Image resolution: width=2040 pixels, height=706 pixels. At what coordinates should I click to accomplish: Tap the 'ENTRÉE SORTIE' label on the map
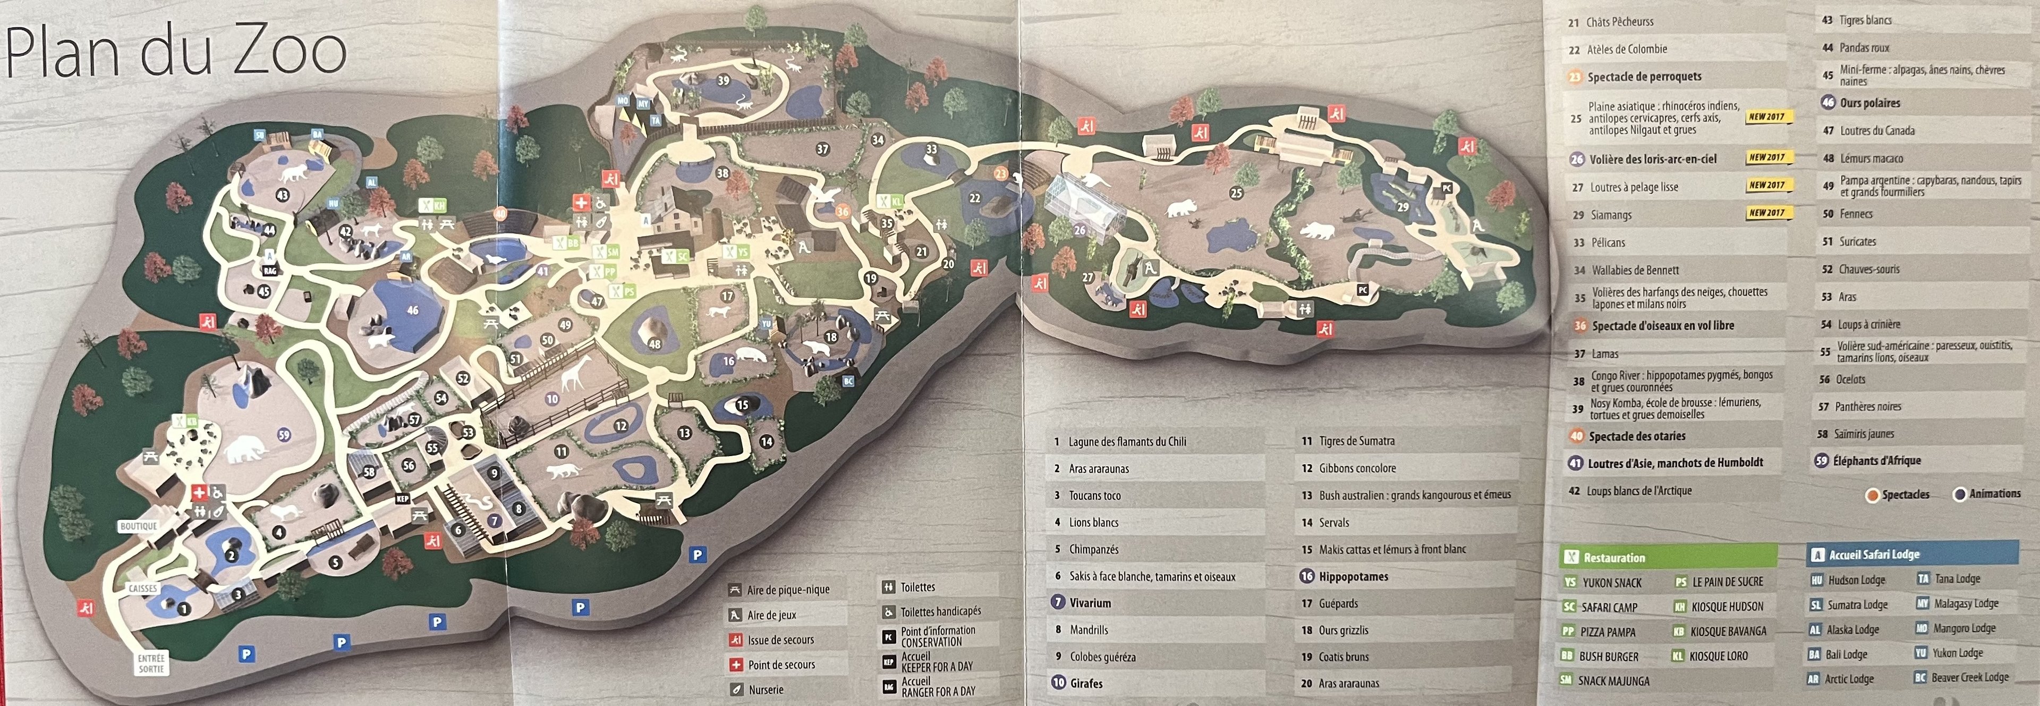[151, 663]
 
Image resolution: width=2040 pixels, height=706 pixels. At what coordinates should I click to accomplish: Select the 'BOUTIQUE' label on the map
[139, 526]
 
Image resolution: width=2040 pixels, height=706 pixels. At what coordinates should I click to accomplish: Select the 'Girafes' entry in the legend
[1086, 683]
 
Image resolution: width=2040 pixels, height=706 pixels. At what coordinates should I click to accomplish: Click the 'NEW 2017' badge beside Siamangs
[1767, 213]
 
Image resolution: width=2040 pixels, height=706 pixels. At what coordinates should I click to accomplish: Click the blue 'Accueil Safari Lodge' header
[1874, 554]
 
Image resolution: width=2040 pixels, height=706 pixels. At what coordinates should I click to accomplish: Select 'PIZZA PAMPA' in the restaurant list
[1608, 632]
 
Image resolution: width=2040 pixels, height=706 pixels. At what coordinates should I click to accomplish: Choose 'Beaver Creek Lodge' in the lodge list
[1969, 677]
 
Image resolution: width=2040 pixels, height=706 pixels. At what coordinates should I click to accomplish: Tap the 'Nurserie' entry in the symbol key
[765, 690]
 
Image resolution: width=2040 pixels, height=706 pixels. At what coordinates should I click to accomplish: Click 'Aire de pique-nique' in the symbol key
[787, 590]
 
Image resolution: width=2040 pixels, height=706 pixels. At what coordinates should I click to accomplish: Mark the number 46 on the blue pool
[413, 310]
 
